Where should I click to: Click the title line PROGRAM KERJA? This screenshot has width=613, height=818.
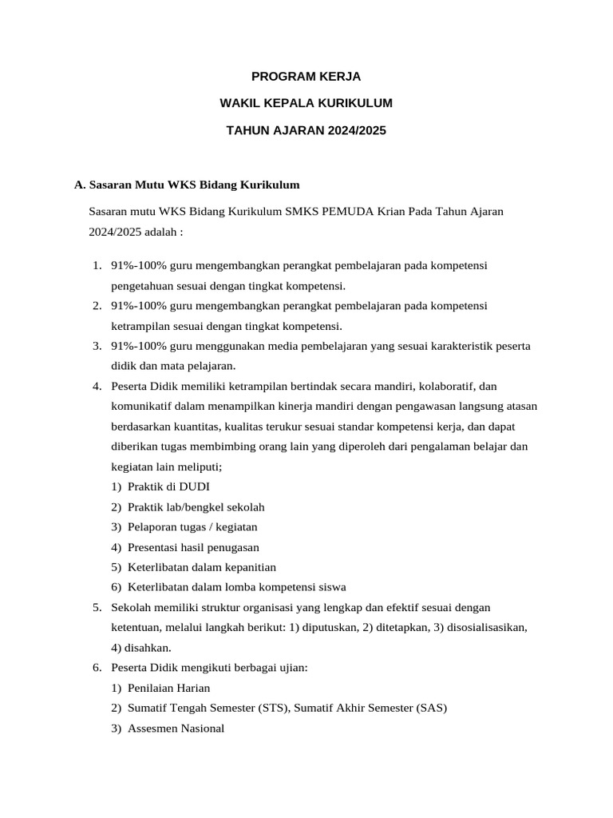[306, 77]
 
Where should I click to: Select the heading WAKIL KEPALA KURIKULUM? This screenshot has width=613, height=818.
[306, 103]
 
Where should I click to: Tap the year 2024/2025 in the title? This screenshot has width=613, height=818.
[355, 129]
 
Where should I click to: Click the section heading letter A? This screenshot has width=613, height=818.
[78, 185]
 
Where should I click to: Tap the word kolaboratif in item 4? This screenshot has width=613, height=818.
[448, 387]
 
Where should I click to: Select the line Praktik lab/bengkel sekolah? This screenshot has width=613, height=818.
[196, 506]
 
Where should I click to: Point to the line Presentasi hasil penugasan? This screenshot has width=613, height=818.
[193, 547]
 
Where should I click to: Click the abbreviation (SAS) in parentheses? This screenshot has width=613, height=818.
[432, 708]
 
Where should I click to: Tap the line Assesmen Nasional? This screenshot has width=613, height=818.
[176, 728]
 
